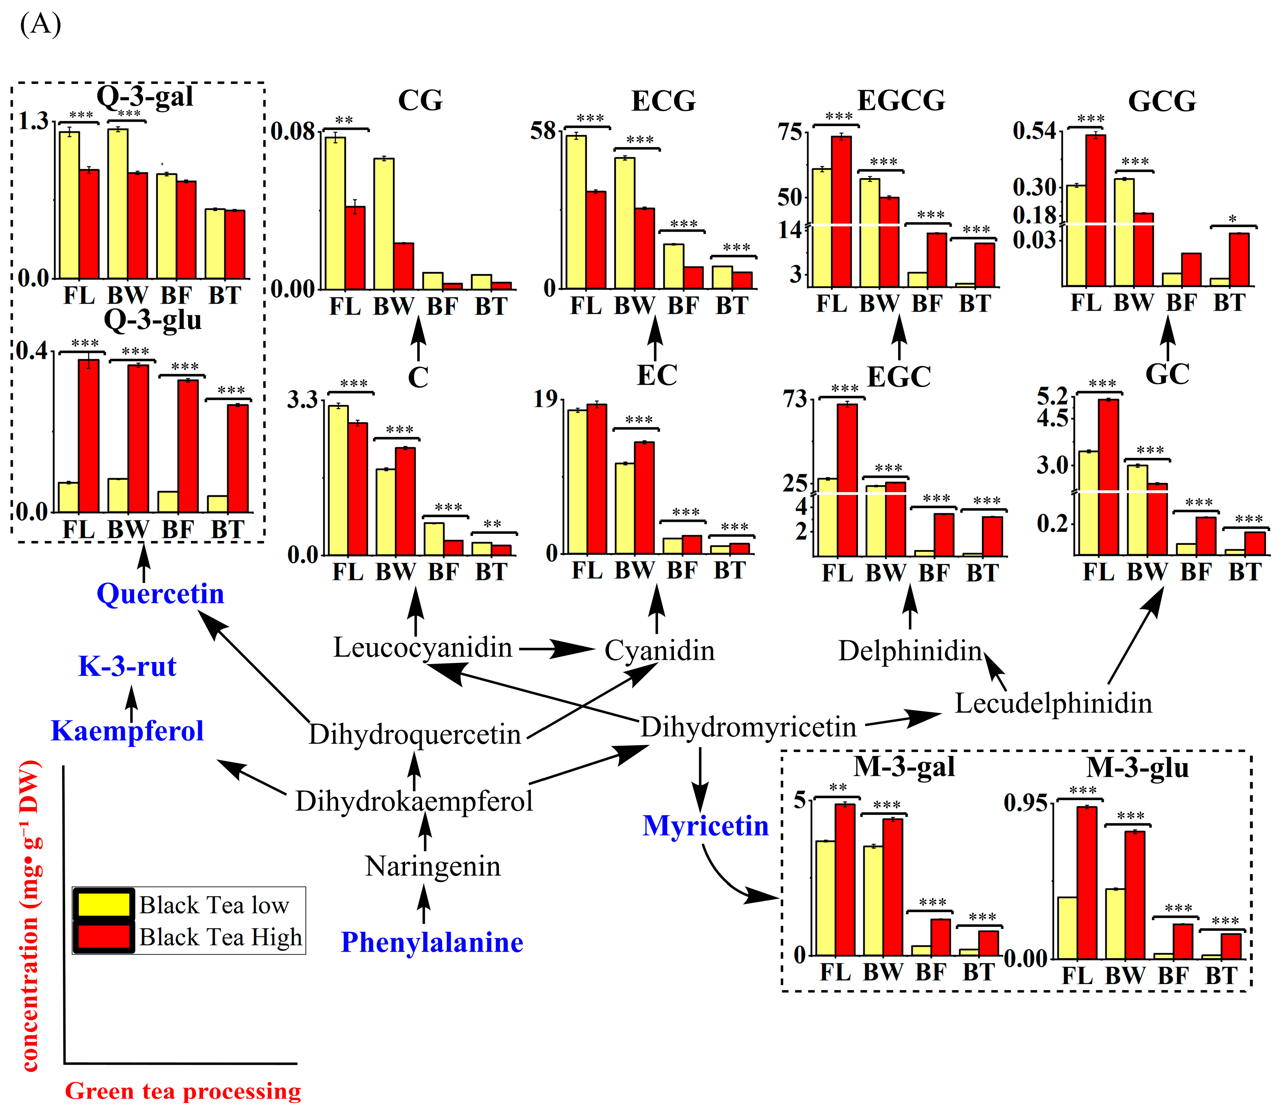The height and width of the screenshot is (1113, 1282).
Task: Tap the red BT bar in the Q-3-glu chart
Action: [x=237, y=458]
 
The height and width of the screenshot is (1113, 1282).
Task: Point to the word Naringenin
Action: [x=433, y=866]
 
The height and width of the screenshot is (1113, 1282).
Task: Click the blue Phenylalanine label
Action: [x=432, y=942]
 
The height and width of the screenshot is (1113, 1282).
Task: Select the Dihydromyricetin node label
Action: [x=749, y=727]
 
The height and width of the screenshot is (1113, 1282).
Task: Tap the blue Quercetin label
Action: [x=160, y=594]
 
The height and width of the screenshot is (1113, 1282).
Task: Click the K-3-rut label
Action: [x=127, y=666]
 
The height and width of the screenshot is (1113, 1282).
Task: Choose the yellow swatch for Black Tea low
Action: [x=103, y=904]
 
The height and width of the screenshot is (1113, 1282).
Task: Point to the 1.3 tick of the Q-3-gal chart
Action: [x=32, y=121]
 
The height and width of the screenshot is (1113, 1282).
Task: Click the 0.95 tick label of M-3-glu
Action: [x=1025, y=803]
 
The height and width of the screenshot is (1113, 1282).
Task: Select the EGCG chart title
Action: [x=901, y=101]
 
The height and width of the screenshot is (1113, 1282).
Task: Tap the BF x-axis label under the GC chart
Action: [x=1196, y=572]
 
